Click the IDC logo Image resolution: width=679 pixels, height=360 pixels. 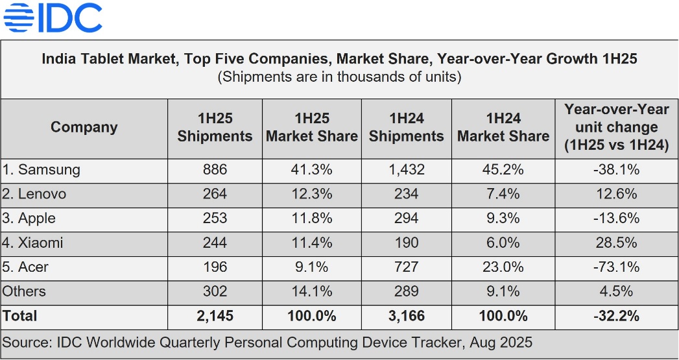[x=53, y=18]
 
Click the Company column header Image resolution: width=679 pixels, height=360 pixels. [x=84, y=127]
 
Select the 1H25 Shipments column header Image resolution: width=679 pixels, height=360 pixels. [x=215, y=127]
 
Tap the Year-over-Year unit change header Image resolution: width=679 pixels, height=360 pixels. [x=616, y=127]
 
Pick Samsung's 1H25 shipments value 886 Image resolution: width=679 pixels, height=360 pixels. [x=215, y=170]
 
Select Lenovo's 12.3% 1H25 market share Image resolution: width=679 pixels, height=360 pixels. [x=311, y=194]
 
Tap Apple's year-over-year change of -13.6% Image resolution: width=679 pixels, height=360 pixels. [x=616, y=218]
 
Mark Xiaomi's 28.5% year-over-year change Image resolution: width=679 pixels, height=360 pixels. [x=616, y=243]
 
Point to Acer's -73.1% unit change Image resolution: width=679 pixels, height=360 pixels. [x=616, y=267]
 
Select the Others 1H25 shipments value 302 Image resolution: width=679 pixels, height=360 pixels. [x=215, y=291]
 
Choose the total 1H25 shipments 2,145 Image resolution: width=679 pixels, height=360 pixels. [x=215, y=316]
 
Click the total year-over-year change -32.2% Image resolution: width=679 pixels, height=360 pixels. [x=616, y=316]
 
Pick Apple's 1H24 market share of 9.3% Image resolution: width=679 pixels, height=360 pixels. [x=503, y=218]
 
